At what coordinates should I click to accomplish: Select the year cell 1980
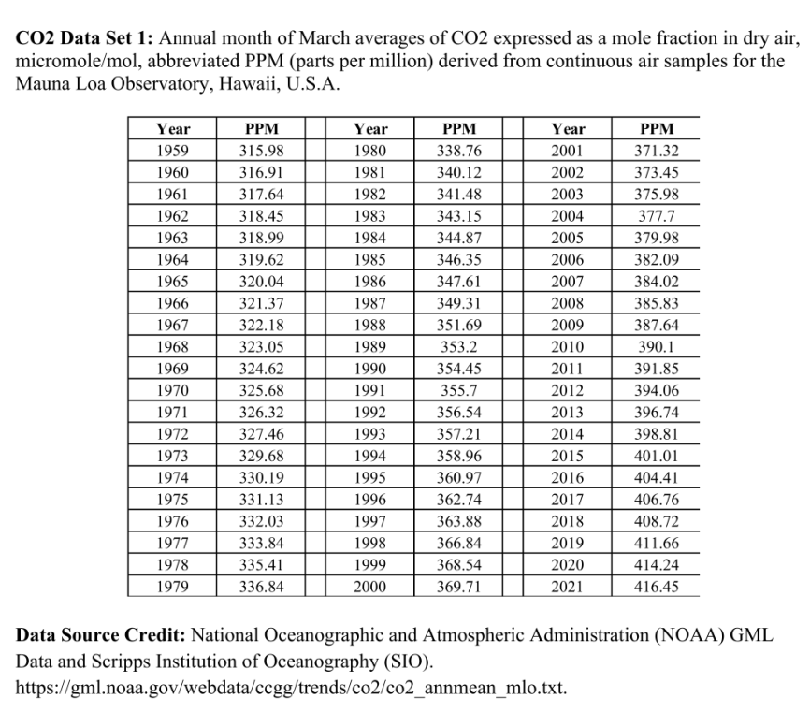[371, 151]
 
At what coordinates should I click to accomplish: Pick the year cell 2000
[371, 587]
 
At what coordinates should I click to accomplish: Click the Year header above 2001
[569, 129]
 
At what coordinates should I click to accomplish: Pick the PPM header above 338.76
[457, 129]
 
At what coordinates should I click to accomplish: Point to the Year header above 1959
[173, 129]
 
